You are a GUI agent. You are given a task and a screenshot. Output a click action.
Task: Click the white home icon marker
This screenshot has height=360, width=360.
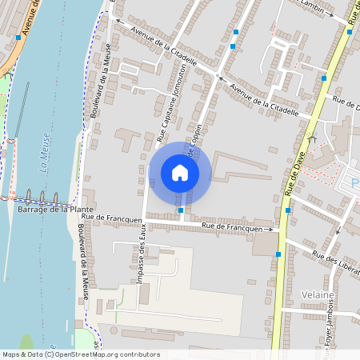click(180, 173)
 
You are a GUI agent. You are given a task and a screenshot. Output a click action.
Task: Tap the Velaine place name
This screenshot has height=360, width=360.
click(317, 294)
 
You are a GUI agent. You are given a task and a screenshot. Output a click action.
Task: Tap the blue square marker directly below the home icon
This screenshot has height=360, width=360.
click(182, 210)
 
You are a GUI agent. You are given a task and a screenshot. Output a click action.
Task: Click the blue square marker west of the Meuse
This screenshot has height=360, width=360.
click(18, 37)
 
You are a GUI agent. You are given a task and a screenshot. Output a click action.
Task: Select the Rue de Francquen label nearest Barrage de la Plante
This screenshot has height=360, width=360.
click(111, 217)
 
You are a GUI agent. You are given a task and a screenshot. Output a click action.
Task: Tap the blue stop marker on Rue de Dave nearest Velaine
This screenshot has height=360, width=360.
click(278, 254)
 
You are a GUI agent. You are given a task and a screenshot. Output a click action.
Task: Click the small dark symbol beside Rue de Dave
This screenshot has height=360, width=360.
click(312, 138)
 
